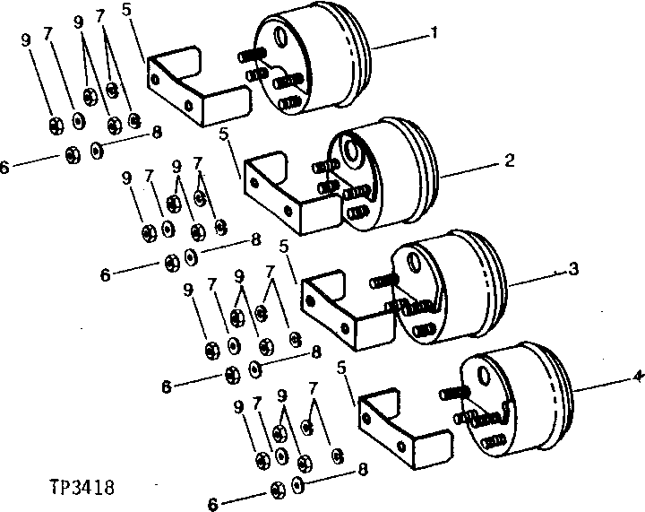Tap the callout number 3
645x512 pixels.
574,268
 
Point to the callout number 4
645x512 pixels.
636,377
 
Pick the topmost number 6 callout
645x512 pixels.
5,167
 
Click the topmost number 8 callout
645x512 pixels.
156,132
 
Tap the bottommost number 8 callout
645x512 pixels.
361,468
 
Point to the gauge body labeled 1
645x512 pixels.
314,58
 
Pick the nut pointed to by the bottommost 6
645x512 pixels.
277,490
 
